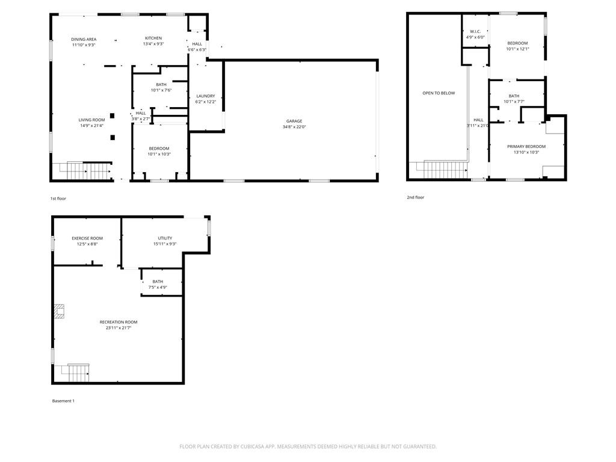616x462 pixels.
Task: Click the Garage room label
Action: coord(294,121)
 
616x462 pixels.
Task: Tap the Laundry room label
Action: coord(206,96)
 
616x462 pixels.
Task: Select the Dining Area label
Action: coord(84,39)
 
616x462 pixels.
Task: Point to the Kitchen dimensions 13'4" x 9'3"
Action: coord(153,44)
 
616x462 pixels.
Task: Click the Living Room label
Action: coord(92,120)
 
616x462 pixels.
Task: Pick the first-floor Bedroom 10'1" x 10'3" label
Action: coord(159,149)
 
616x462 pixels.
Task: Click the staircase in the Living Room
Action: coord(81,171)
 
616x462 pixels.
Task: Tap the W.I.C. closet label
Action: coord(475,31)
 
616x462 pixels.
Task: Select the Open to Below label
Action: coord(439,93)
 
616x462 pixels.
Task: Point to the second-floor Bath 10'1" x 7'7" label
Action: coord(514,96)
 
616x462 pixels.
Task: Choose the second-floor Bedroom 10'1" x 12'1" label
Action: coord(517,43)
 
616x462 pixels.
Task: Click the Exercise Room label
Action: coord(87,238)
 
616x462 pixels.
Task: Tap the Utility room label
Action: coord(165,238)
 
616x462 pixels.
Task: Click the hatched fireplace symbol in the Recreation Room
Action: coord(59,310)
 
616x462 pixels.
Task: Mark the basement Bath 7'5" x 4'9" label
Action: coord(158,282)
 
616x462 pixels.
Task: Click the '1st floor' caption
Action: coord(58,199)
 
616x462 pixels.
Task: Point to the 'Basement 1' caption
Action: coord(63,401)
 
